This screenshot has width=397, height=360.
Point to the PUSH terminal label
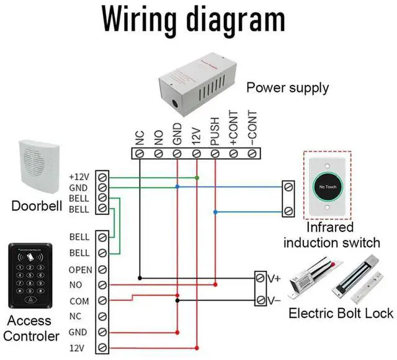pyautogui.click(x=215, y=133)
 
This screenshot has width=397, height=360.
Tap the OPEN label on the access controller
pyautogui.click(x=81, y=270)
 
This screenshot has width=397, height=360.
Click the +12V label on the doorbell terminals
pyautogui.click(x=79, y=177)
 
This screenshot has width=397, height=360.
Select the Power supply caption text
pyautogui.click(x=288, y=87)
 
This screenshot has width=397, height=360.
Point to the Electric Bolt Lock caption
pyautogui.click(x=341, y=313)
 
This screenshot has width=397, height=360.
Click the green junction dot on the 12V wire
pyautogui.click(x=197, y=178)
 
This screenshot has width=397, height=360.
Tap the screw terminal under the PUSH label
pyautogui.click(x=215, y=152)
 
